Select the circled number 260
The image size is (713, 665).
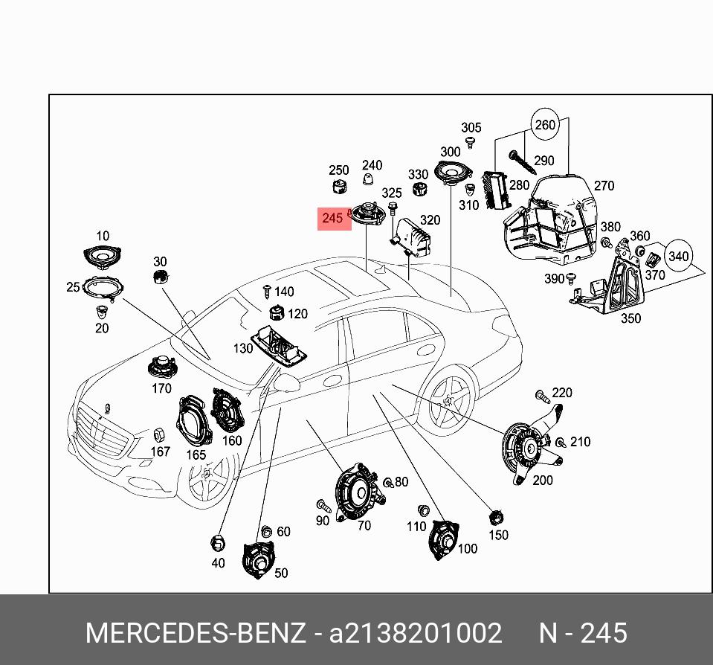(545, 125)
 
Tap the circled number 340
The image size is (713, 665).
(678, 257)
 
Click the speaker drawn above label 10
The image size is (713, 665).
(102, 257)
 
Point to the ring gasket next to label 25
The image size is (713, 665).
(103, 287)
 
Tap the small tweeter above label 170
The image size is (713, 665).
(161, 367)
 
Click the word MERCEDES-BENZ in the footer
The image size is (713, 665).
(195, 634)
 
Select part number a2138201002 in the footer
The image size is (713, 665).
(416, 634)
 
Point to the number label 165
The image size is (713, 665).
(196, 455)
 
